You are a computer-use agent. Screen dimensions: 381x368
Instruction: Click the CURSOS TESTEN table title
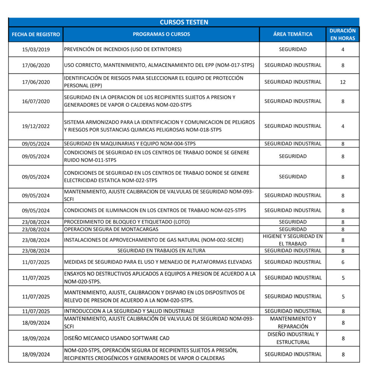(184, 22)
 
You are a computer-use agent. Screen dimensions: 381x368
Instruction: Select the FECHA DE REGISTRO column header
(36, 34)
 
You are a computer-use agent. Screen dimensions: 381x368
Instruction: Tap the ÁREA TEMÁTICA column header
(293, 34)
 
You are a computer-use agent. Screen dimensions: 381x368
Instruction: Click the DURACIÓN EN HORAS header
(343, 34)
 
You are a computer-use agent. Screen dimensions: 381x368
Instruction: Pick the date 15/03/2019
(36, 49)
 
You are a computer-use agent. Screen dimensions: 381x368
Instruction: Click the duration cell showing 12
(343, 82)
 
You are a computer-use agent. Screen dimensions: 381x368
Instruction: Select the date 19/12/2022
(36, 126)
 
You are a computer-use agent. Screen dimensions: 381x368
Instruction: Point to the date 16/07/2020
(36, 101)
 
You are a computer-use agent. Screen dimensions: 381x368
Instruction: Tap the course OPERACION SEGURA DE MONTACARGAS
(111, 229)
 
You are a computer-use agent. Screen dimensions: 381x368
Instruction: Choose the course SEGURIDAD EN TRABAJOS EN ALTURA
(161, 250)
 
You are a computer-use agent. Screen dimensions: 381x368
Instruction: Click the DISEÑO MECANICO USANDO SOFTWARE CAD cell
(117, 338)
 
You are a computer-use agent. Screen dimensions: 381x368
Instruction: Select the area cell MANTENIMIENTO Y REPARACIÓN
(293, 323)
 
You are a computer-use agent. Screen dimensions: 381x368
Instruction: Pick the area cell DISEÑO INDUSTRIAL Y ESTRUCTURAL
(293, 338)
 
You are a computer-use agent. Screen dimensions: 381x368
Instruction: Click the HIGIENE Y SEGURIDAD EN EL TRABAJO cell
(293, 240)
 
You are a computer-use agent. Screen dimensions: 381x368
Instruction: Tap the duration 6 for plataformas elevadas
(343, 262)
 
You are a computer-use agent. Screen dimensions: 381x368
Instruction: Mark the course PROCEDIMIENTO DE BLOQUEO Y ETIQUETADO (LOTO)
(127, 222)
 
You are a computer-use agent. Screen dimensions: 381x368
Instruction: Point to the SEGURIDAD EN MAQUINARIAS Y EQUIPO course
(130, 144)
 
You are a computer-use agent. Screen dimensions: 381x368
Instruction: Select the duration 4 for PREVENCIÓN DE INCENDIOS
(343, 49)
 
